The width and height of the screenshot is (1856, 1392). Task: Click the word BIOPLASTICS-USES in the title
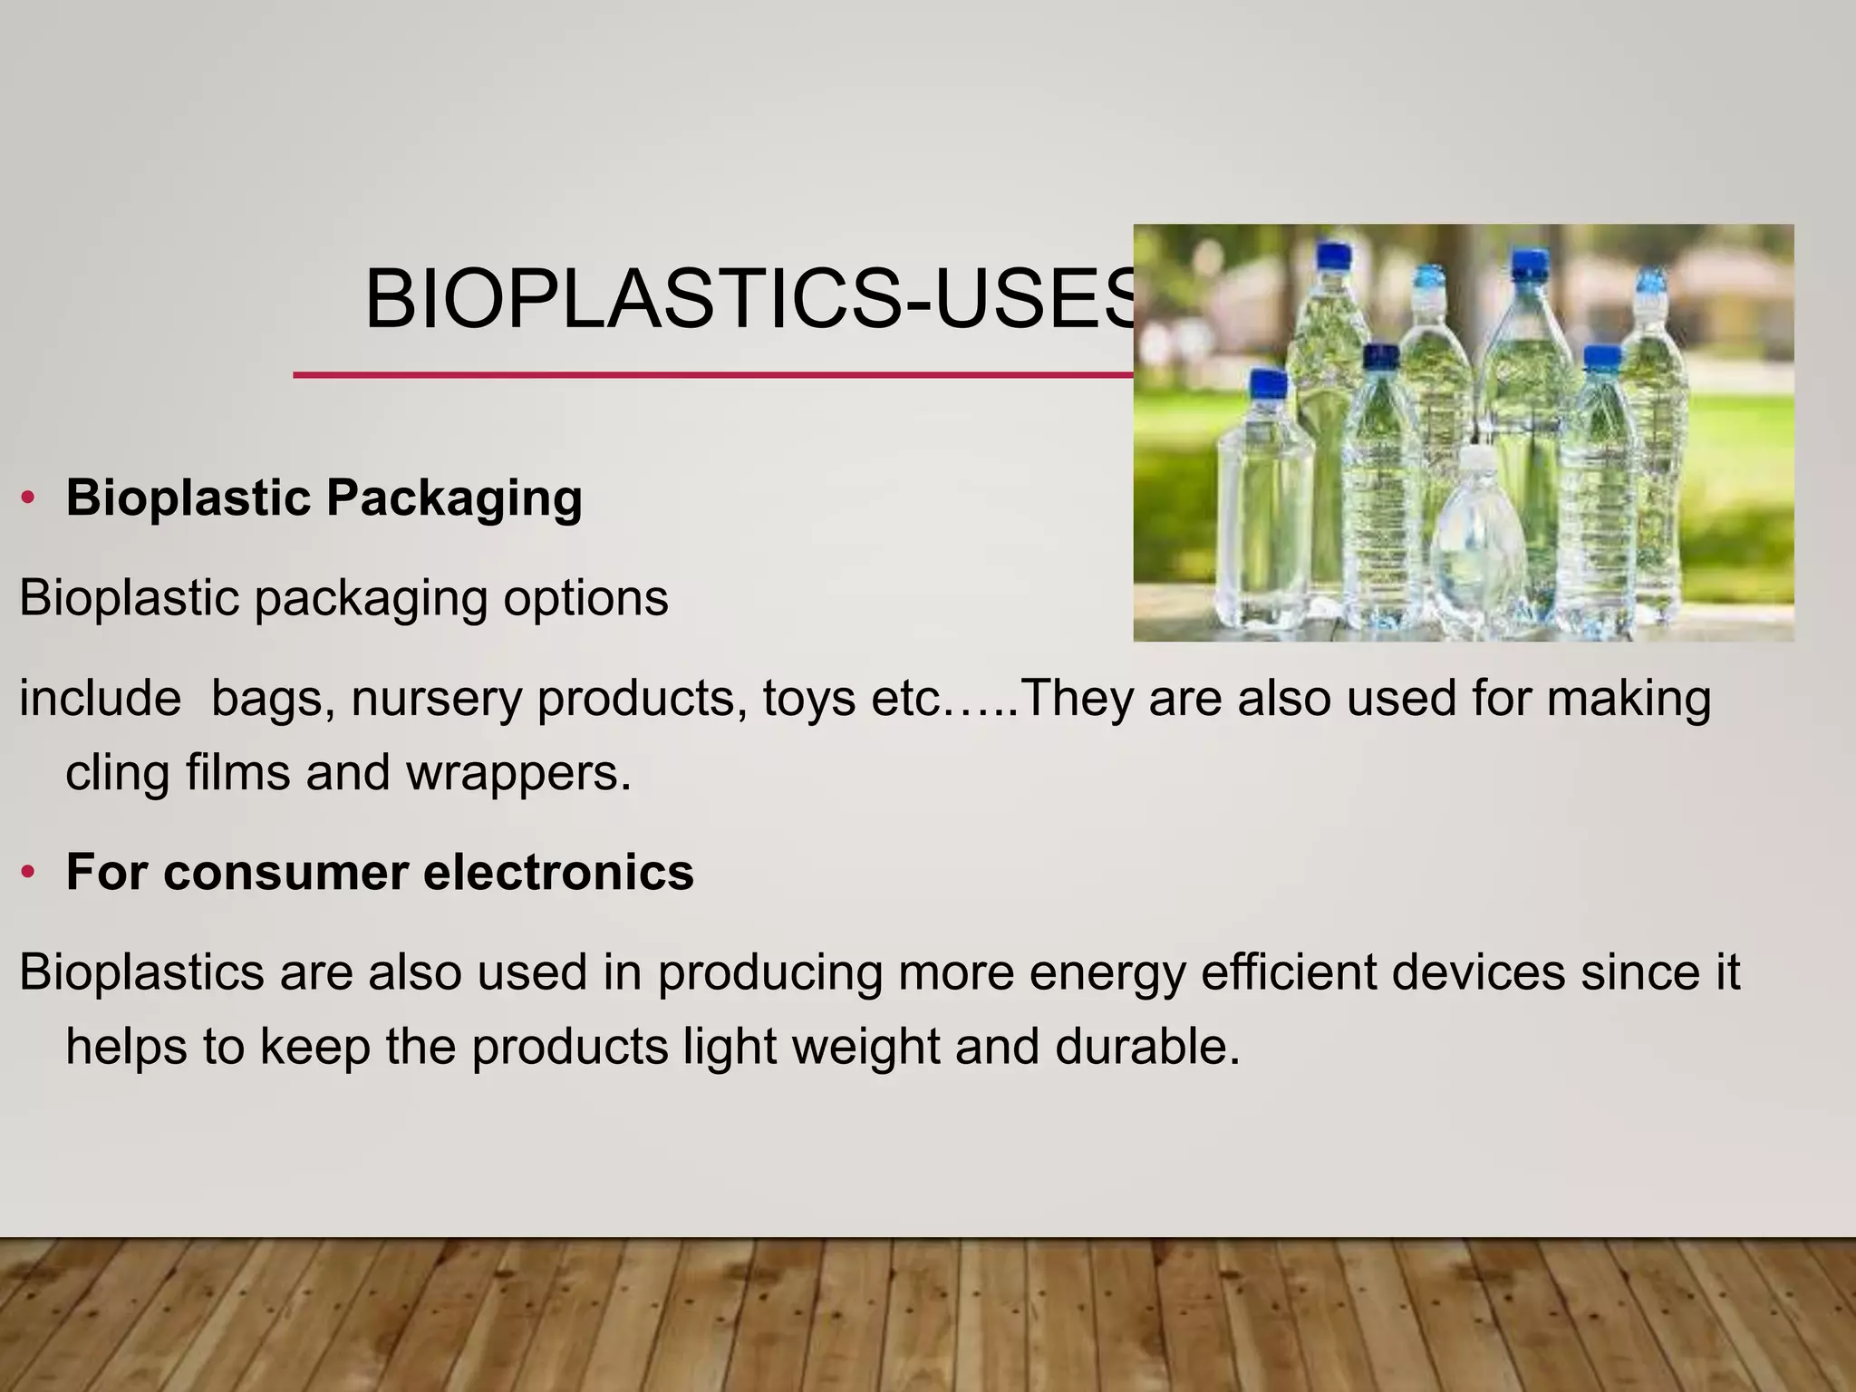[749, 300]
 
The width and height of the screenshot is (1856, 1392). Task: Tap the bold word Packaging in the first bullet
[453, 498]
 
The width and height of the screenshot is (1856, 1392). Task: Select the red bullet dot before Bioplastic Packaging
[28, 498]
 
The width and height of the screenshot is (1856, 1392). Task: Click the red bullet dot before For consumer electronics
[28, 873]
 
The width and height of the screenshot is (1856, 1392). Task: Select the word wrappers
[517, 773]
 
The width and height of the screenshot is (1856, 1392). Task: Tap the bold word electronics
[558, 873]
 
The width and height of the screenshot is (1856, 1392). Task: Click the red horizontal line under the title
[707, 374]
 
